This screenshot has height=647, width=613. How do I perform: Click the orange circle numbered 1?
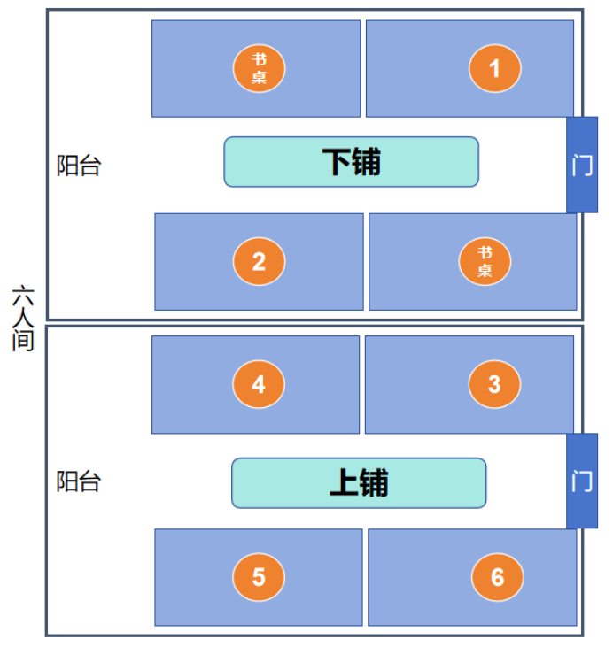pyautogui.click(x=495, y=68)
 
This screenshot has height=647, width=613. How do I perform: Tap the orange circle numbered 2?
pyautogui.click(x=259, y=261)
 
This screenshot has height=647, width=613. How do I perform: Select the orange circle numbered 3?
pyautogui.click(x=494, y=384)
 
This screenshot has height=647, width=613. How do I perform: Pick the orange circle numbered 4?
pyautogui.click(x=259, y=384)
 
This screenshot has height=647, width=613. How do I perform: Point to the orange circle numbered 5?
pyautogui.click(x=259, y=577)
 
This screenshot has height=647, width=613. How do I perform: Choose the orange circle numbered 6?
pyautogui.click(x=497, y=577)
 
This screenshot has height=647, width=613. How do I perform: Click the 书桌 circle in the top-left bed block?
pyautogui.click(x=259, y=68)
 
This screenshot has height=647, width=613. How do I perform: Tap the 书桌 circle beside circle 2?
pyautogui.click(x=485, y=261)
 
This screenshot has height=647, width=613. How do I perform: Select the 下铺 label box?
pyautogui.click(x=351, y=162)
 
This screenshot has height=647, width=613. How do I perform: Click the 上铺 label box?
pyautogui.click(x=359, y=482)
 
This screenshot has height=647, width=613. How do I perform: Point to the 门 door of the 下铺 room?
pyautogui.click(x=582, y=165)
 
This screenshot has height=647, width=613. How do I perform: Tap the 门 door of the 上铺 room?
pyautogui.click(x=582, y=481)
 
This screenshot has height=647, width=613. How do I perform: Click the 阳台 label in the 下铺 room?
pyautogui.click(x=79, y=166)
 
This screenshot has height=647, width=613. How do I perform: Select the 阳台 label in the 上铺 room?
pyautogui.click(x=79, y=481)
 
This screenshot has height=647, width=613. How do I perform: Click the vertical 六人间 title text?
pyautogui.click(x=23, y=318)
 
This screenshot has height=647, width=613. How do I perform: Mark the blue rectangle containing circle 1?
pyautogui.click(x=469, y=68)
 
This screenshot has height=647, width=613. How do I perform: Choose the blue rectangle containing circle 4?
pyautogui.click(x=255, y=384)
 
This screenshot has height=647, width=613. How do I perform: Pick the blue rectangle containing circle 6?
pyautogui.click(x=472, y=577)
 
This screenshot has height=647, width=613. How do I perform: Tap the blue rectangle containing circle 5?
pyautogui.click(x=259, y=577)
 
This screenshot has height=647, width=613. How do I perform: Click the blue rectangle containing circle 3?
pyautogui.click(x=469, y=384)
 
